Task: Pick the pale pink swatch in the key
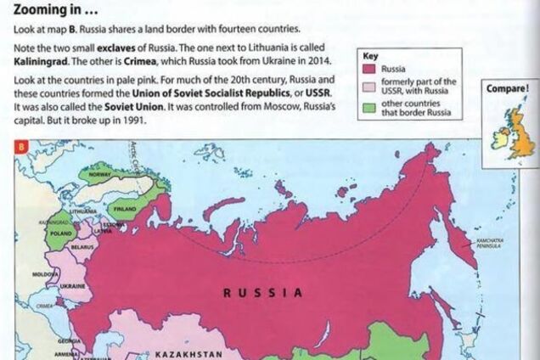371,86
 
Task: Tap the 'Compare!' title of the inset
508,88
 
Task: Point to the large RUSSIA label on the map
262,293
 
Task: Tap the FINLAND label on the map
125,206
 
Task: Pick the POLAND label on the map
60,231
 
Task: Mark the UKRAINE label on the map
72,287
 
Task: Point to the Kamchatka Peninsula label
490,245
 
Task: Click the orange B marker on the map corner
20,148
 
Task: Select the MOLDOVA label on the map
44,275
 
